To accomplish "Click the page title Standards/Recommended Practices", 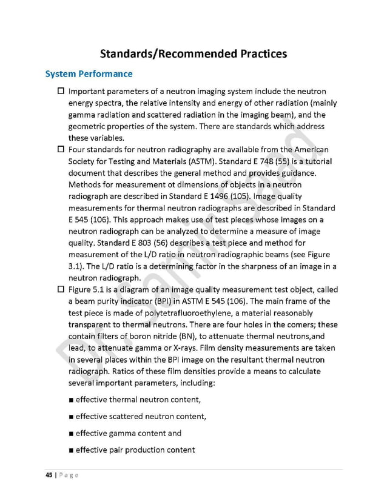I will [193, 54].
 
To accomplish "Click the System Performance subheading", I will [89, 74].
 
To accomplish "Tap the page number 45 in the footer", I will [49, 475].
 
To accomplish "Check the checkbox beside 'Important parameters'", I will [61, 92].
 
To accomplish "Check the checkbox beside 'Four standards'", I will [61, 149].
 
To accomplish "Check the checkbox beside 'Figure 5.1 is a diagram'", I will [61, 289].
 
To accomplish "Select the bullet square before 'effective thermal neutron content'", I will [71, 400].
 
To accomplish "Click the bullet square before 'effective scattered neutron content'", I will [71, 416].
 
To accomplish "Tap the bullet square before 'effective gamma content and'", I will [71, 433].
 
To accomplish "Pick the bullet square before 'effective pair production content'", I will [71, 450].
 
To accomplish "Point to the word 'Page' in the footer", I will [69, 475].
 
